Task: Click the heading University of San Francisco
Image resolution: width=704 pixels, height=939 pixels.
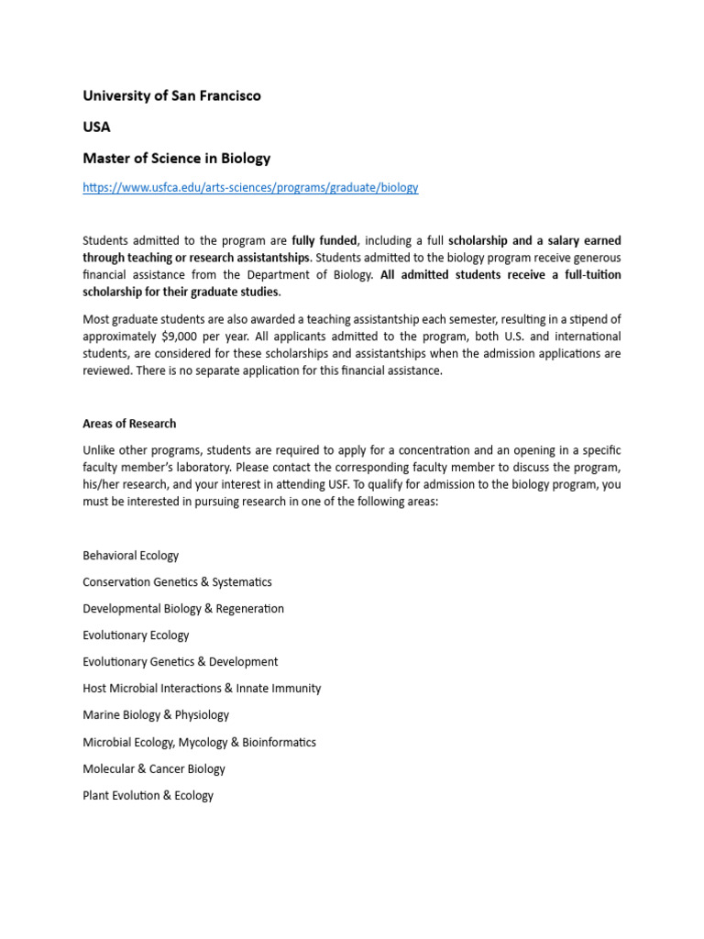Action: coord(171,95)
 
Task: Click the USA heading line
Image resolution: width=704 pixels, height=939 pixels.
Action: coord(96,127)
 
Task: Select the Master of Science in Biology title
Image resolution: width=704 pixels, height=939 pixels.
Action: coord(176,158)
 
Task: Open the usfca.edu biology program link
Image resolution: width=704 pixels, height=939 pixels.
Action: coord(250,187)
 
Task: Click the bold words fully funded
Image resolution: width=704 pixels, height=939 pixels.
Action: coord(324,240)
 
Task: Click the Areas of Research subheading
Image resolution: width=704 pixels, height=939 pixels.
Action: coord(129,424)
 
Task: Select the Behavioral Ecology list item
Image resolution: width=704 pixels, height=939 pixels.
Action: coord(130,556)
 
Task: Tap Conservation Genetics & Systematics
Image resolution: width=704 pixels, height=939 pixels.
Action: coord(177,582)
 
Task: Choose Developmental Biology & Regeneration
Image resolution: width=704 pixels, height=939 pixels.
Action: coord(183,609)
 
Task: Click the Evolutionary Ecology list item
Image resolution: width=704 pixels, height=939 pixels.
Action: coord(136,635)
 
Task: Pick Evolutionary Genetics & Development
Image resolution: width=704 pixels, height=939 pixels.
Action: coord(180,662)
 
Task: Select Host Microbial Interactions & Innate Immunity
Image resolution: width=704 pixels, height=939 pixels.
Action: coord(202,689)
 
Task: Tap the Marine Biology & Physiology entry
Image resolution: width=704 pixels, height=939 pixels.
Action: coord(156,715)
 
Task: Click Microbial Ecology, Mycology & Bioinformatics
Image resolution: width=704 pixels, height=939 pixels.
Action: coord(199,743)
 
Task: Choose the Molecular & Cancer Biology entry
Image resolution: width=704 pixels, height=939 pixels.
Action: coord(153,769)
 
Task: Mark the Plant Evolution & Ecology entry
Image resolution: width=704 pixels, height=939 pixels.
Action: coord(148,796)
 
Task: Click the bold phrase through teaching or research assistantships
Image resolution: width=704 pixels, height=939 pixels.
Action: coord(196,257)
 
